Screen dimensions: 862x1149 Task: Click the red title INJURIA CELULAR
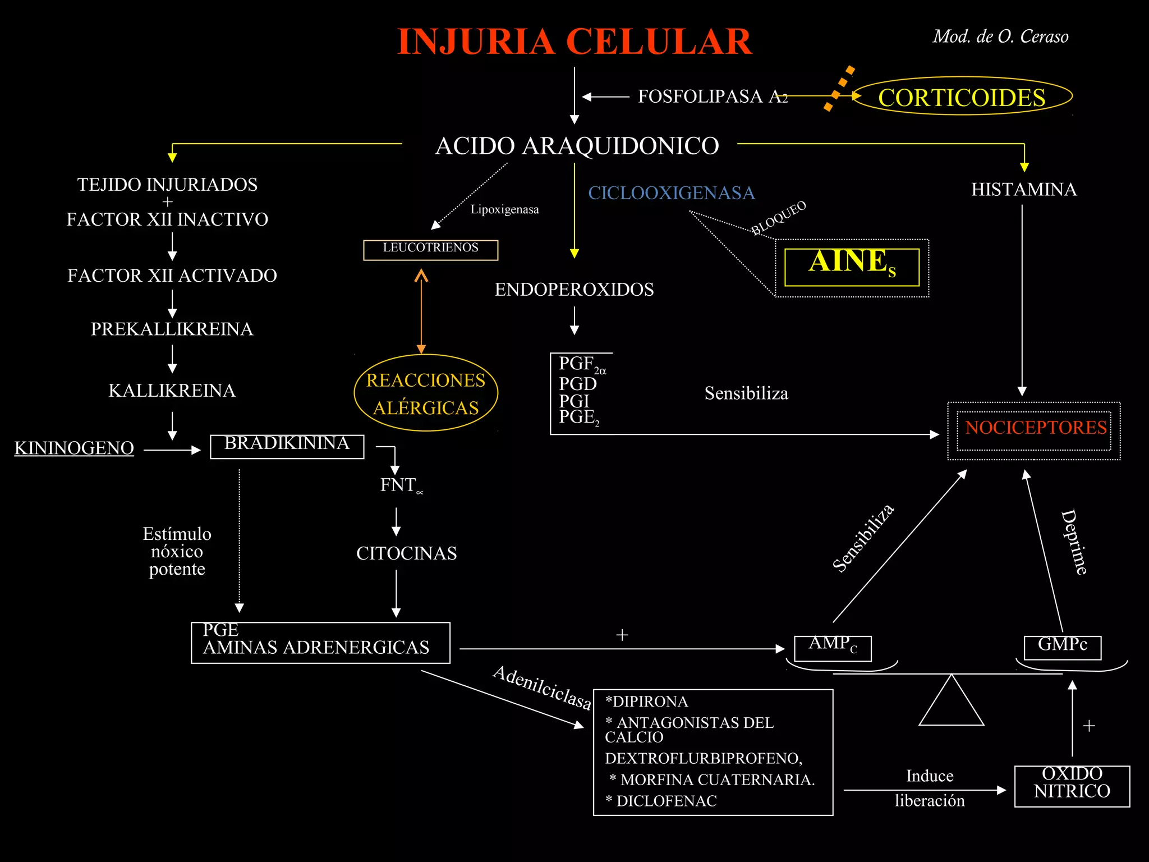point(574,42)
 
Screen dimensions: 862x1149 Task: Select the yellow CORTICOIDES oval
point(962,97)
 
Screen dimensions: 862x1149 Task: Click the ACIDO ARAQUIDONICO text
point(577,146)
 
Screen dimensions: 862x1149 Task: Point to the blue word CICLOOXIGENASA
point(671,193)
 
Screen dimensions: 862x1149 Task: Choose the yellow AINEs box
point(852,267)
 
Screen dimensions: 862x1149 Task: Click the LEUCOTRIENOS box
point(430,250)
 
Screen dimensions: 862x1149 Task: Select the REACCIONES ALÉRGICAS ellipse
point(426,393)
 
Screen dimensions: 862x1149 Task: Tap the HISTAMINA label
point(1024,190)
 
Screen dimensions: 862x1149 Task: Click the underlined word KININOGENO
point(74,448)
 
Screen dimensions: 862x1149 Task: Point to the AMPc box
point(833,648)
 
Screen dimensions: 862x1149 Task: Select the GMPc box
point(1062,646)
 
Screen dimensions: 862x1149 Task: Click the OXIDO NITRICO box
point(1072,785)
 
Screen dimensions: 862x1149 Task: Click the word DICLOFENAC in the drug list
point(667,801)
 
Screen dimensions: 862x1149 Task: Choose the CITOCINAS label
point(406,553)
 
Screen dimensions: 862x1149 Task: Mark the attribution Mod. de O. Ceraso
point(1000,37)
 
